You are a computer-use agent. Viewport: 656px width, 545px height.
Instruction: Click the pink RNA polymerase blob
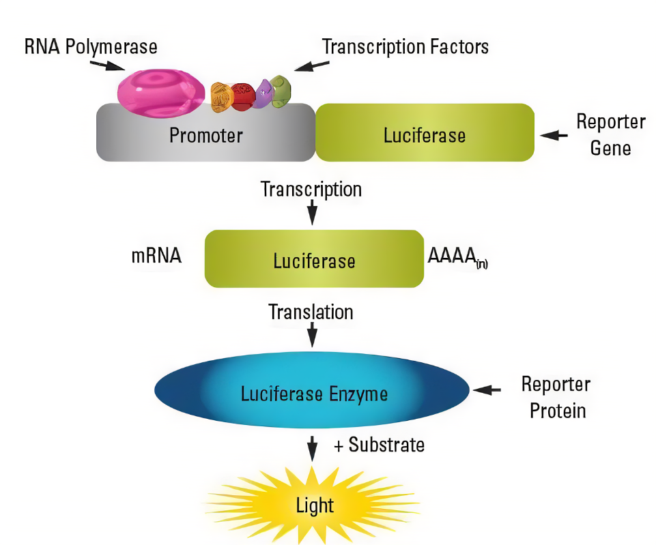tap(160, 91)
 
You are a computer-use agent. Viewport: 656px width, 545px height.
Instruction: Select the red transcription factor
tap(242, 97)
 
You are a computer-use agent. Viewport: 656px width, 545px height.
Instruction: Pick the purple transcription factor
tap(263, 94)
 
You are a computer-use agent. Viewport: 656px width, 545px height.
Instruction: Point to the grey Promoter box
tap(205, 134)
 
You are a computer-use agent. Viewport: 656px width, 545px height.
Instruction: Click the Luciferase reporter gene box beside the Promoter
tap(424, 133)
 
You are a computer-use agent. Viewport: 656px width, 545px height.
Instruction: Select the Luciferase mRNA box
tap(314, 259)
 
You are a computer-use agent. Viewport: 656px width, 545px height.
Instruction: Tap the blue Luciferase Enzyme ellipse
tap(313, 392)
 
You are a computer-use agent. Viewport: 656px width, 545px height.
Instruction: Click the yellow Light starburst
tap(314, 504)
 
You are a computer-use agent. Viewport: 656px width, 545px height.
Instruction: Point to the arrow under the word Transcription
tap(312, 212)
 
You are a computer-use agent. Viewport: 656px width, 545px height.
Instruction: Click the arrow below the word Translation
tap(312, 334)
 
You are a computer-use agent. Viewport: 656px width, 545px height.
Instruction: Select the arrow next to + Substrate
tap(312, 447)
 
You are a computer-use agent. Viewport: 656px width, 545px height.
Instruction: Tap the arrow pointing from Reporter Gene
tap(554, 136)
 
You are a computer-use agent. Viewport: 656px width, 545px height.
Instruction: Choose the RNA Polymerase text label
tap(91, 46)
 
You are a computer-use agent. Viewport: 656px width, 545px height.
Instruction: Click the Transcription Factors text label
tap(405, 46)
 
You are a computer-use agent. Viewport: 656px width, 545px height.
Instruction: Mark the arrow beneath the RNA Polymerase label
tap(106, 65)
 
